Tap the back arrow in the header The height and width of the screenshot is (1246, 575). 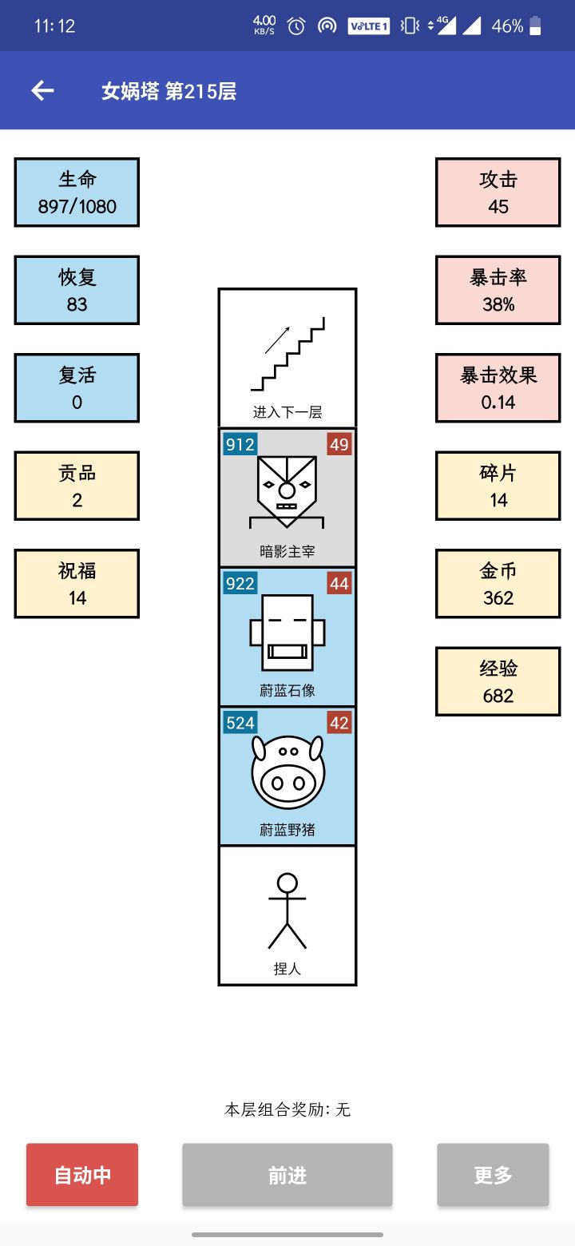pyautogui.click(x=42, y=90)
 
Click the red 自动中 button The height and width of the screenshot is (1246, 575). pyautogui.click(x=82, y=1175)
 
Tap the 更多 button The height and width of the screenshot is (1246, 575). pyautogui.click(x=493, y=1175)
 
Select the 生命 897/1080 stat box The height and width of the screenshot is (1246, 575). pyautogui.click(x=77, y=192)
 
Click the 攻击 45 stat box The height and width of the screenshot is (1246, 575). pyautogui.click(x=498, y=192)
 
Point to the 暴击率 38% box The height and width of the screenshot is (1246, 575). pyautogui.click(x=498, y=290)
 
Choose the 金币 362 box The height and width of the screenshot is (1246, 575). pyautogui.click(x=498, y=584)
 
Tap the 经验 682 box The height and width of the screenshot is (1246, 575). pyautogui.click(x=498, y=681)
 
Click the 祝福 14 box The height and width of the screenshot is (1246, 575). pyautogui.click(x=77, y=584)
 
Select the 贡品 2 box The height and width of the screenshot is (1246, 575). pyautogui.click(x=77, y=486)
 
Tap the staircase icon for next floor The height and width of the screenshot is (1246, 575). pyautogui.click(x=287, y=354)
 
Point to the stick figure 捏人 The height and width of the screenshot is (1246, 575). pyautogui.click(x=287, y=911)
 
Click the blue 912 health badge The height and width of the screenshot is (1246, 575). pyautogui.click(x=240, y=444)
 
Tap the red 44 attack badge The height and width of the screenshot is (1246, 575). pyautogui.click(x=339, y=584)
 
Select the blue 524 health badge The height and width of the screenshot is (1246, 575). pyautogui.click(x=240, y=723)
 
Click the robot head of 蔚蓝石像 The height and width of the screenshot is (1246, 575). pyautogui.click(x=287, y=632)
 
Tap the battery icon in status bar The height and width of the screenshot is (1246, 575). pyautogui.click(x=535, y=26)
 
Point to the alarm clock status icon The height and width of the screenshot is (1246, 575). pyautogui.click(x=296, y=26)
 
